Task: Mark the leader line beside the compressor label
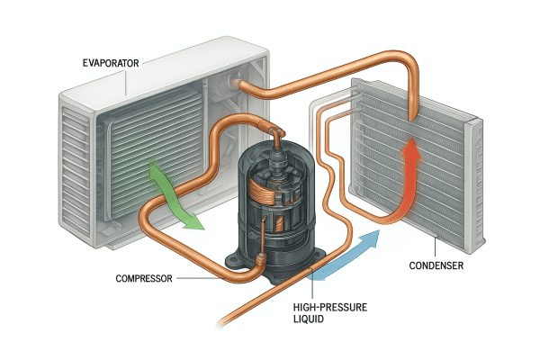point(202,278)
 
